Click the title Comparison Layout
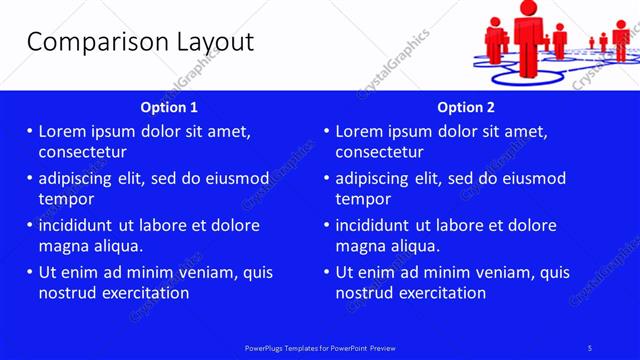140,41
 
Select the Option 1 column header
170,107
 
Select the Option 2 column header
466,107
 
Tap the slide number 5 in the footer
590,348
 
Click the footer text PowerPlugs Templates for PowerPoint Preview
320,348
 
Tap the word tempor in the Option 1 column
65,199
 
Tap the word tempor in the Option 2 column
362,199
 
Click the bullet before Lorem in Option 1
30,131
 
